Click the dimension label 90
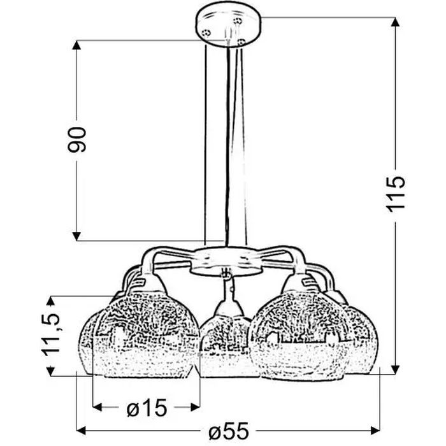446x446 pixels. point(77,140)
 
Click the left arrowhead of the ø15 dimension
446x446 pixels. point(97,406)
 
